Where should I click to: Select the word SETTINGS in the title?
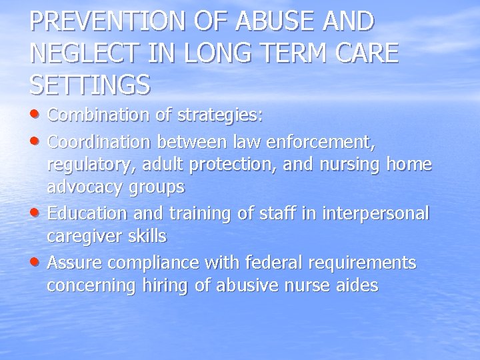tap(90, 84)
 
